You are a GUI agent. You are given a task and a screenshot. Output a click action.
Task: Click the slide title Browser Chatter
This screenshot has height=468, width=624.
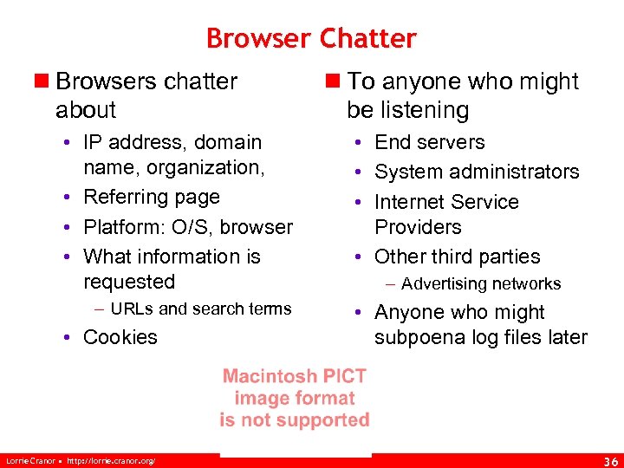[x=311, y=39]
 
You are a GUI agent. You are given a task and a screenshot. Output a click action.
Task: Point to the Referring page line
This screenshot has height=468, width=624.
[x=152, y=197]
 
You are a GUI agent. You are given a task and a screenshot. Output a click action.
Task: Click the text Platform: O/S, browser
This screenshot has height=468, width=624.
[x=188, y=227]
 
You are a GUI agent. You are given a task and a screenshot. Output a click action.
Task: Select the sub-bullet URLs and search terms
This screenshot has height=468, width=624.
[x=201, y=309]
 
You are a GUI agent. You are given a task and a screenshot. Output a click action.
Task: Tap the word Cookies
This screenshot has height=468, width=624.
[x=120, y=337]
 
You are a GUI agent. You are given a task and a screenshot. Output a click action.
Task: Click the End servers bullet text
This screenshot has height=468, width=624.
[x=429, y=142]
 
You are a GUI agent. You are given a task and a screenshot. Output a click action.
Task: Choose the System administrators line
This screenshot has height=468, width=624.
[x=476, y=172]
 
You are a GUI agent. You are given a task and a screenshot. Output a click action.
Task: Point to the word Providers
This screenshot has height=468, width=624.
[x=418, y=227]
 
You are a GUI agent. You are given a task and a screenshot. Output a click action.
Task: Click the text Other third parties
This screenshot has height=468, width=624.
[x=457, y=257]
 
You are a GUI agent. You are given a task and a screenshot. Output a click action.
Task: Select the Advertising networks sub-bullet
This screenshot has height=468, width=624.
[x=481, y=283]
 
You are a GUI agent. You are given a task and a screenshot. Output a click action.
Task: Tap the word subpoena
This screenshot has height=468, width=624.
[x=419, y=337]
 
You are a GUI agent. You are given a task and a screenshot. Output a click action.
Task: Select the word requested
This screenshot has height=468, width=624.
[x=129, y=282]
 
